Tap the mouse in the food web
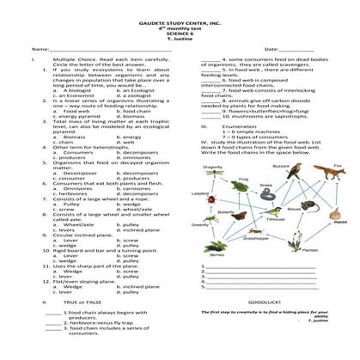292,211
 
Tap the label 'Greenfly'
199,225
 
